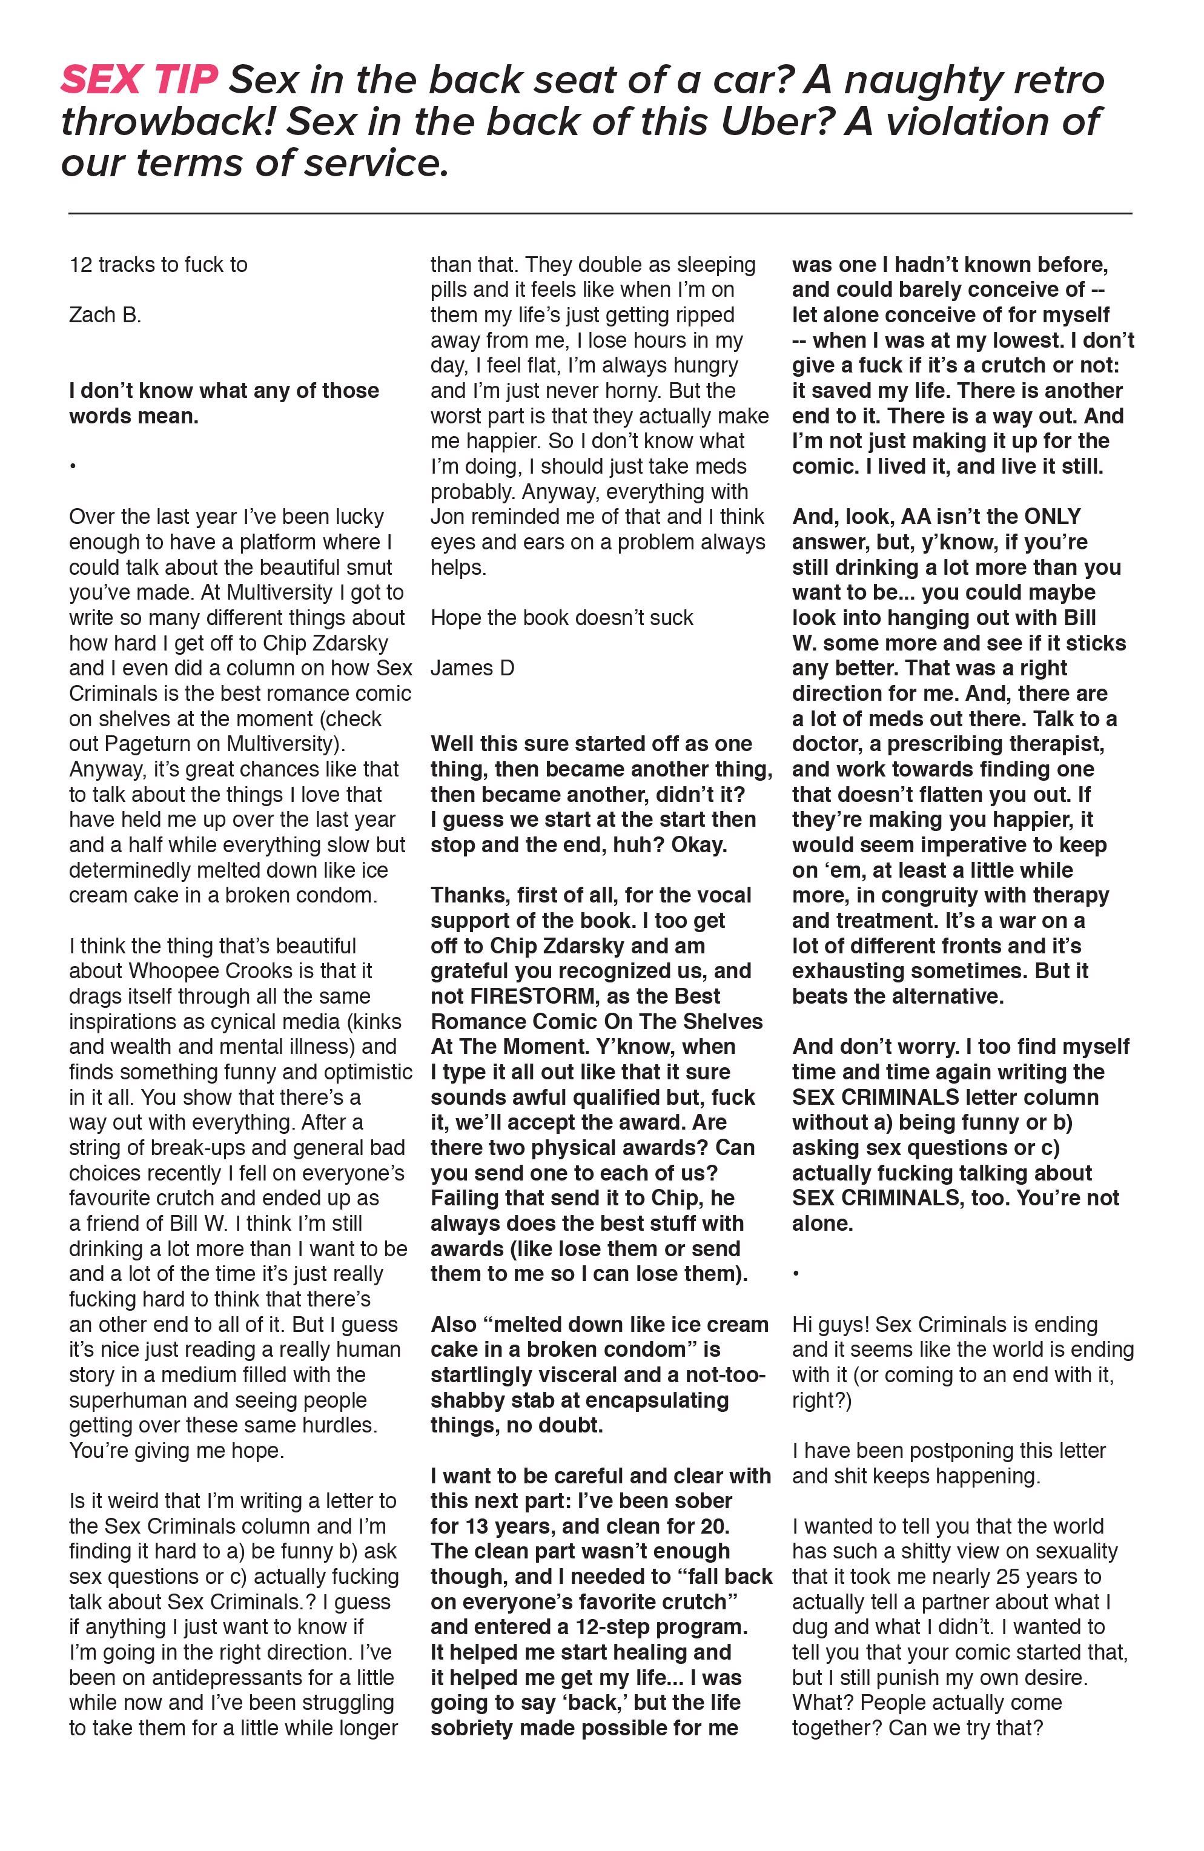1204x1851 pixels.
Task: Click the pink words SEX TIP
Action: pos(139,80)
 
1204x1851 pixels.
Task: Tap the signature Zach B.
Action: pos(105,315)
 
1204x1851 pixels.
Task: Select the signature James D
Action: pos(472,668)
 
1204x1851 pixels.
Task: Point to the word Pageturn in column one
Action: pos(161,744)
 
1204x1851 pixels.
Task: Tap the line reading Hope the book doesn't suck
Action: pos(561,618)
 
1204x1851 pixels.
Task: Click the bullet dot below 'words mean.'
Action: pos(72,466)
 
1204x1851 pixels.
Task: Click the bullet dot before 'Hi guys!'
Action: pos(796,1274)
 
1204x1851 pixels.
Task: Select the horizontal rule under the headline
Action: pos(600,213)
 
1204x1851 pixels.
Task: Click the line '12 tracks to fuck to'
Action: pos(158,265)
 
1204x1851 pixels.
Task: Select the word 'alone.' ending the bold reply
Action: pos(822,1224)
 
